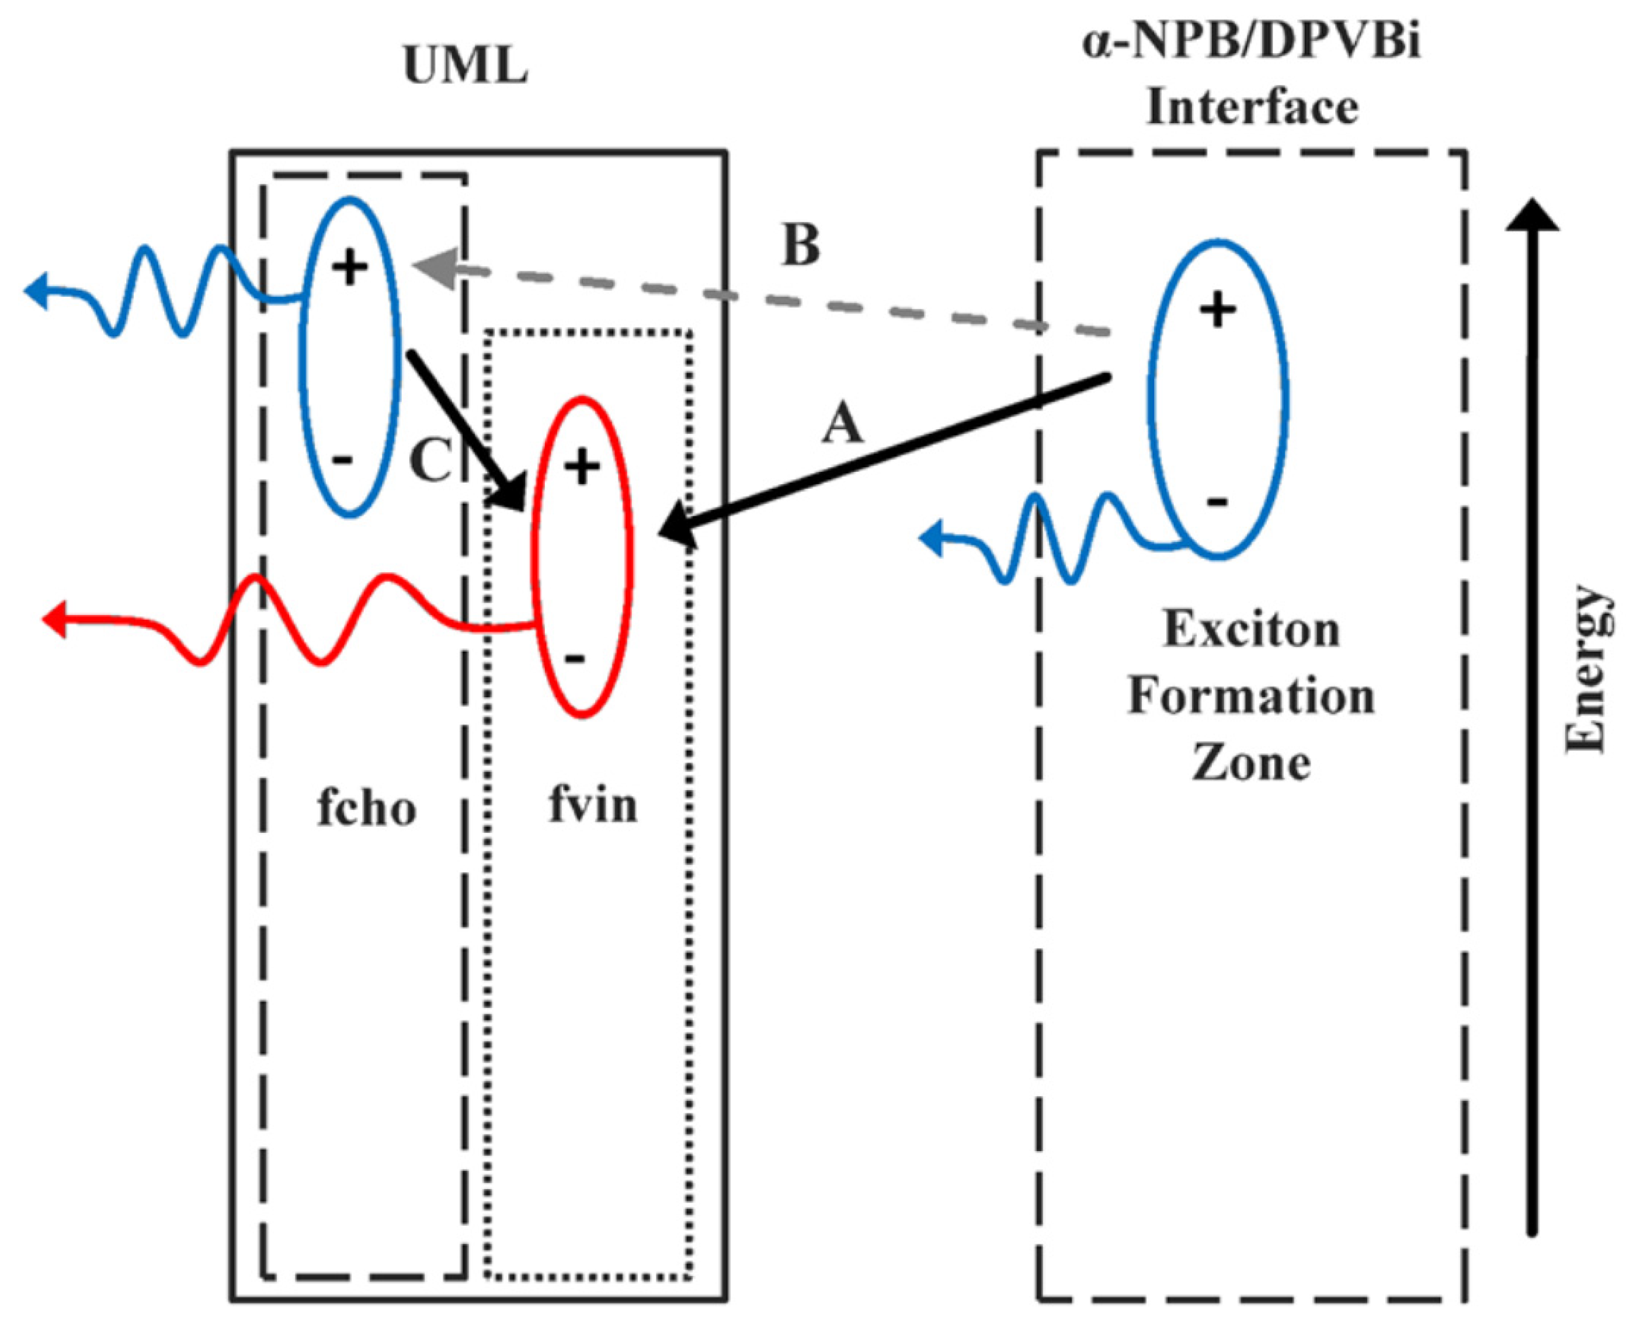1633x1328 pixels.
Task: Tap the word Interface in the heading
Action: pyautogui.click(x=1252, y=106)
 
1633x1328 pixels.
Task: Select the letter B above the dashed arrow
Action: pyautogui.click(x=801, y=245)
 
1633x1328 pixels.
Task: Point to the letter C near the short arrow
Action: pyautogui.click(x=430, y=461)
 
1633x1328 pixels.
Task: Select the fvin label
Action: pyautogui.click(x=593, y=805)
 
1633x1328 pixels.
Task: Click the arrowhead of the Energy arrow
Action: pyautogui.click(x=1532, y=214)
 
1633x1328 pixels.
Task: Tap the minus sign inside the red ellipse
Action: pyautogui.click(x=575, y=659)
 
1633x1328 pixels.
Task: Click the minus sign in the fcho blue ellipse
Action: pyautogui.click(x=343, y=460)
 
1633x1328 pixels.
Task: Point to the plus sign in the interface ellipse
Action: pyautogui.click(x=1217, y=310)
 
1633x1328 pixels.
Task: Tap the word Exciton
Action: pyautogui.click(x=1252, y=630)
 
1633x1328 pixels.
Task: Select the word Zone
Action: pyautogui.click(x=1252, y=763)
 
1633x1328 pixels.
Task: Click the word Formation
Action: pyautogui.click(x=1252, y=697)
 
